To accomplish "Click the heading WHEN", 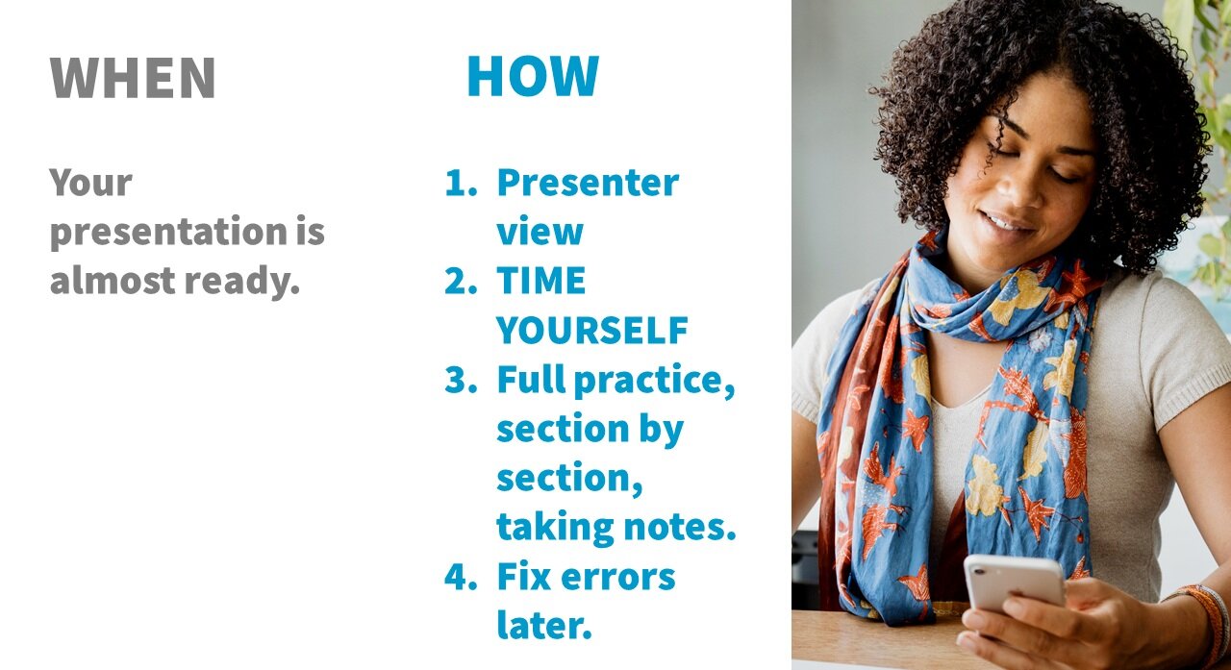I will (133, 79).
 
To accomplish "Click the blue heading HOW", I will (532, 77).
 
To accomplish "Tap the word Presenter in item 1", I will (587, 183).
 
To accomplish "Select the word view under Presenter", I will (540, 232).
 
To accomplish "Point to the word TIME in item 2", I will (540, 281).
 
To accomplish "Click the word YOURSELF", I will (591, 331).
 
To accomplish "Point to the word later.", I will (543, 626).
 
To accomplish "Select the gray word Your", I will (90, 183).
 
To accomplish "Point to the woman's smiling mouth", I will (1007, 222).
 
